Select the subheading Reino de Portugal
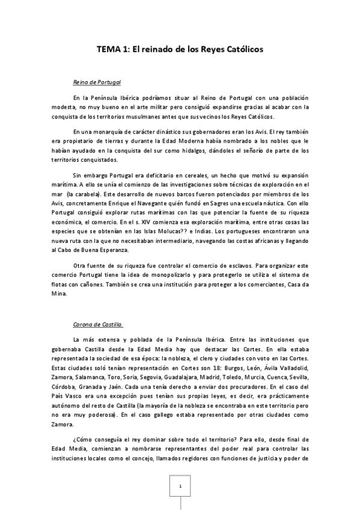[x=97, y=81]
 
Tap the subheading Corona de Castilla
[x=98, y=325]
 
